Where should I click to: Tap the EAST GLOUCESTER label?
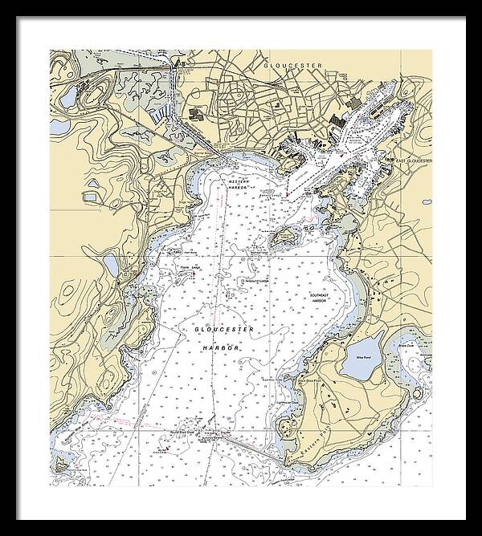(x=414, y=160)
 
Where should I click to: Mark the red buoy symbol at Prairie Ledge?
(x=193, y=274)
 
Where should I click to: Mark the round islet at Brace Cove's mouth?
(x=418, y=392)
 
